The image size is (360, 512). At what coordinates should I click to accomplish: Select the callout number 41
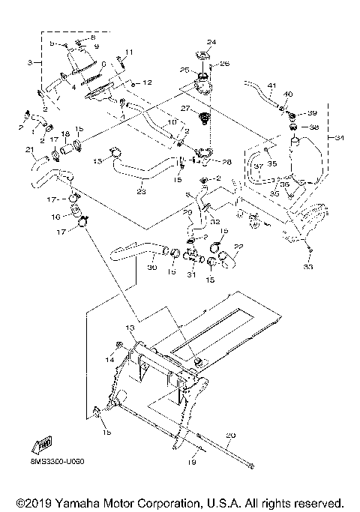(271, 85)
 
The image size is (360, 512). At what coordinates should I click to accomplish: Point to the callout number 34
(339, 138)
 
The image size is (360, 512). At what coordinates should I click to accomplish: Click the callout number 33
(307, 266)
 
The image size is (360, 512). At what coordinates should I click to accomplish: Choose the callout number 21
(30, 151)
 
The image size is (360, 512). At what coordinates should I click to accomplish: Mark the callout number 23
(141, 192)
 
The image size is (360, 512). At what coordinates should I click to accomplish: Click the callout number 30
(151, 267)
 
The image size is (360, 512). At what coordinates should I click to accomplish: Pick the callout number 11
(128, 52)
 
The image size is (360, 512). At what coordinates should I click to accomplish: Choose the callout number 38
(314, 127)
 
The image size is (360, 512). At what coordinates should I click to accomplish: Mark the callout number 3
(31, 62)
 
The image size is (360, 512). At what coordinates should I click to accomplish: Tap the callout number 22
(239, 245)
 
